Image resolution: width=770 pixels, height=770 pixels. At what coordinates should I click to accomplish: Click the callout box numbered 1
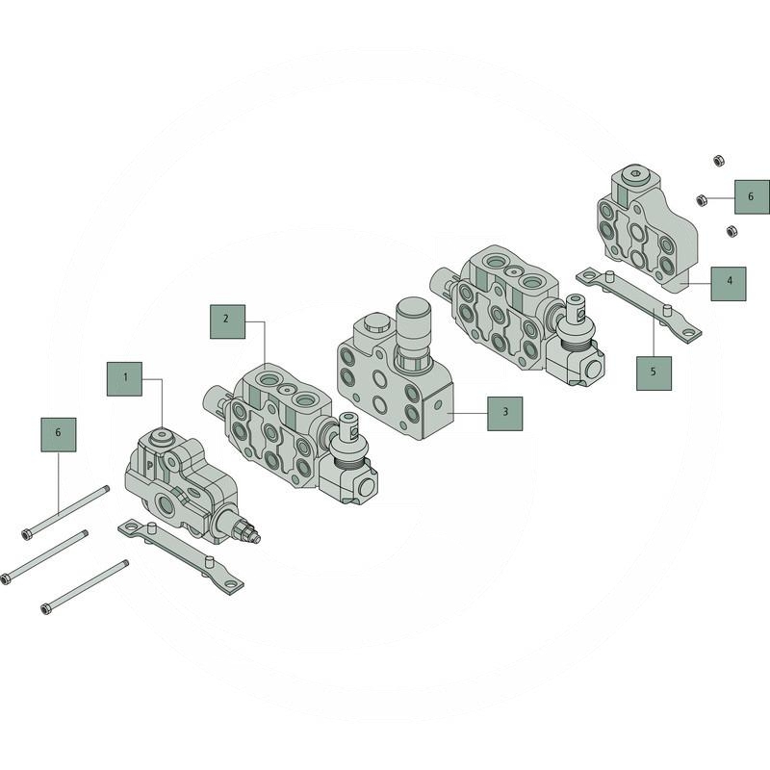coord(125,379)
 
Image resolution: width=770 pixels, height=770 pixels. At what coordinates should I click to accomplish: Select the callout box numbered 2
coord(227,321)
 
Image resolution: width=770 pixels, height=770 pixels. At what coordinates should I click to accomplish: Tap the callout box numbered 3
coord(504,414)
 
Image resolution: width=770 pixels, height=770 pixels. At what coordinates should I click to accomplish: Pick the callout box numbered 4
coord(729,284)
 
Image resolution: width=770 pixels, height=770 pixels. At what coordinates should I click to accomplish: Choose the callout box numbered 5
coord(654,373)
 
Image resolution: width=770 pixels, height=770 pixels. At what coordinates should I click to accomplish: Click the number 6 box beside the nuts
coord(752,197)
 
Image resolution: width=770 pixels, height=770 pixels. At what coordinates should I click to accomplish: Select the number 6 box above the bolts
coord(59,435)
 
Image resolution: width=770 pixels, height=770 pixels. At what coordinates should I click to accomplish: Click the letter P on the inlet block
coord(150,466)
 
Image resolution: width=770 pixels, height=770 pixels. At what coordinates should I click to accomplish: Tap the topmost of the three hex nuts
coord(718,161)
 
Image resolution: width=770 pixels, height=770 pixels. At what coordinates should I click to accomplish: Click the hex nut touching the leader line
coord(702,200)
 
